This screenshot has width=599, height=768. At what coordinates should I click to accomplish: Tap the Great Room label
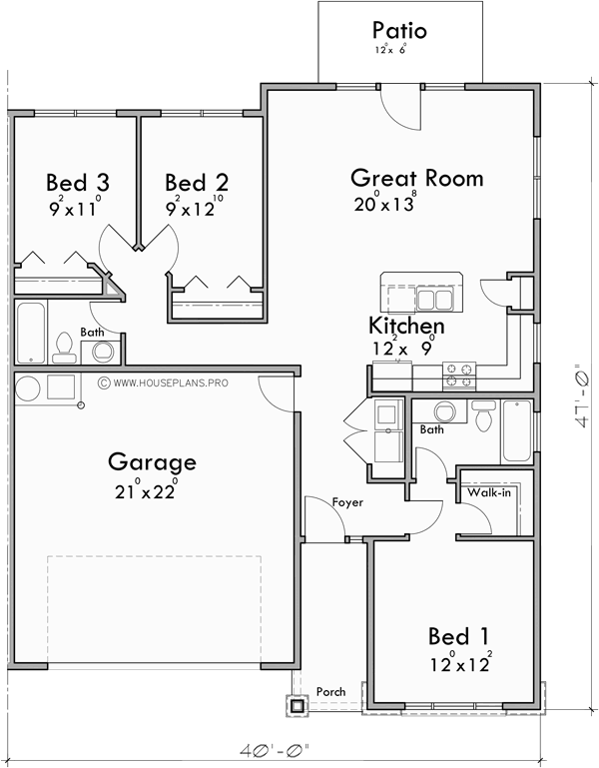click(x=416, y=179)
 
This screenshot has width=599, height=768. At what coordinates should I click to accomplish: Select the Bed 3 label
click(x=77, y=183)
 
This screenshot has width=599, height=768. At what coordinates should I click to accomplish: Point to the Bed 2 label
click(x=197, y=183)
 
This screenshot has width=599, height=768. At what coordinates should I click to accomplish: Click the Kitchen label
click(x=406, y=327)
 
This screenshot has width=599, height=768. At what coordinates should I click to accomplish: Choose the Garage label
click(x=152, y=462)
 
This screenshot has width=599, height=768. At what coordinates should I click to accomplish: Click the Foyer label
click(x=347, y=502)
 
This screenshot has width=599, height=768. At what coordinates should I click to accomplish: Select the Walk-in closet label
click(x=486, y=491)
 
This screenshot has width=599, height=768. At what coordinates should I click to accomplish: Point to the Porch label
click(x=330, y=691)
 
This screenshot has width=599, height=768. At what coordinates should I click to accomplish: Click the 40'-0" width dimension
click(x=277, y=749)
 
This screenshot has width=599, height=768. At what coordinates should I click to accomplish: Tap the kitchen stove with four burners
click(x=459, y=375)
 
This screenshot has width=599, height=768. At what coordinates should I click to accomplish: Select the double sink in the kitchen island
click(x=434, y=299)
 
